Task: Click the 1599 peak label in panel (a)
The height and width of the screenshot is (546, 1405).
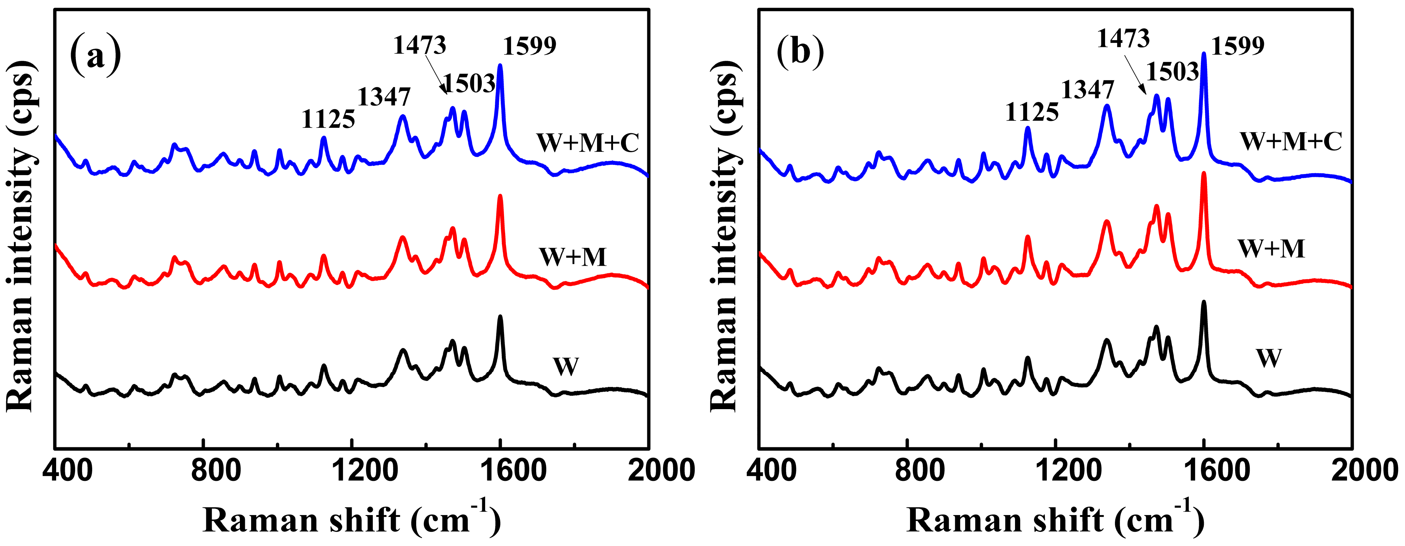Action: click(529, 46)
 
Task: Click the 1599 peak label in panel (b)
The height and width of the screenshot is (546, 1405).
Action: click(1237, 46)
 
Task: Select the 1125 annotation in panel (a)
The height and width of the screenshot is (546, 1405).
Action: click(328, 119)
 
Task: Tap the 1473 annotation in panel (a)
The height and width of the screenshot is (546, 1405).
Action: click(419, 45)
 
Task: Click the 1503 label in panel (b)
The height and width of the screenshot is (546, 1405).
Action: click(1171, 71)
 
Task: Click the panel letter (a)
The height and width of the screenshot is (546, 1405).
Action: click(95, 55)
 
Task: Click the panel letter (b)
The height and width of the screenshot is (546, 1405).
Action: click(800, 54)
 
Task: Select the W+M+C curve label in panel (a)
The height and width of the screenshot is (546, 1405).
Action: click(588, 143)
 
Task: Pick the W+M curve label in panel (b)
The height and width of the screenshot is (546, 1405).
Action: click(1271, 249)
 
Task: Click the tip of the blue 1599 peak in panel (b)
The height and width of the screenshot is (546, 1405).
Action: click(1204, 54)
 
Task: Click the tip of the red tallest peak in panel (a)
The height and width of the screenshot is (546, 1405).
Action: click(500, 196)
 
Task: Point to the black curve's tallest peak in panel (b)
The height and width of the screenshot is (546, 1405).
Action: click(1204, 302)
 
